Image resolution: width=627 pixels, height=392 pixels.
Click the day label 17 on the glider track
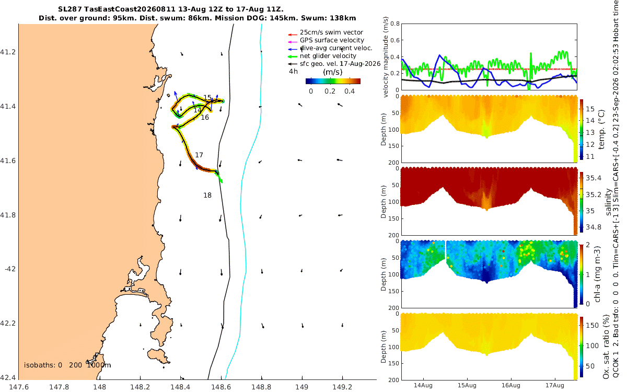click(x=199, y=155)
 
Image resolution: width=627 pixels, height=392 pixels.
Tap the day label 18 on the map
click(x=207, y=195)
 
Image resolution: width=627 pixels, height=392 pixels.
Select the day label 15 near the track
click(x=207, y=97)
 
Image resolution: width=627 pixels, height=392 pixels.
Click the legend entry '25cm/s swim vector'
click(x=331, y=32)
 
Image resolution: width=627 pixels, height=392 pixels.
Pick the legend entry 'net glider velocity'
click(x=328, y=56)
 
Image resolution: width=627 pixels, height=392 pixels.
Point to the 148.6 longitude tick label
click(x=220, y=387)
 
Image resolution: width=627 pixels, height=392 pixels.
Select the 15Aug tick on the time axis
click(x=467, y=386)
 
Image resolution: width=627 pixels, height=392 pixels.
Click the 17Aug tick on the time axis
click(x=554, y=386)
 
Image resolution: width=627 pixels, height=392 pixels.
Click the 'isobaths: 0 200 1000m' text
click(x=67, y=365)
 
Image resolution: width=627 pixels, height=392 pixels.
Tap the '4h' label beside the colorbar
click(x=293, y=72)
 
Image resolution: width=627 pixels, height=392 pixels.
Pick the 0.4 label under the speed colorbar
click(x=350, y=91)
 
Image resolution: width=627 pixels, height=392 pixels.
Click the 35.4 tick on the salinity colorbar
click(x=594, y=178)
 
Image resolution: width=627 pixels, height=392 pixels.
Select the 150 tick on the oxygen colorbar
click(x=593, y=325)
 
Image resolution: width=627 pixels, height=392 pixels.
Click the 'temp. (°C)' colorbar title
click(x=601, y=130)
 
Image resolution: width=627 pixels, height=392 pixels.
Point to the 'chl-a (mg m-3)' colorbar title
click(x=597, y=274)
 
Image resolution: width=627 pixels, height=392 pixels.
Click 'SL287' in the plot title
click(x=70, y=9)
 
